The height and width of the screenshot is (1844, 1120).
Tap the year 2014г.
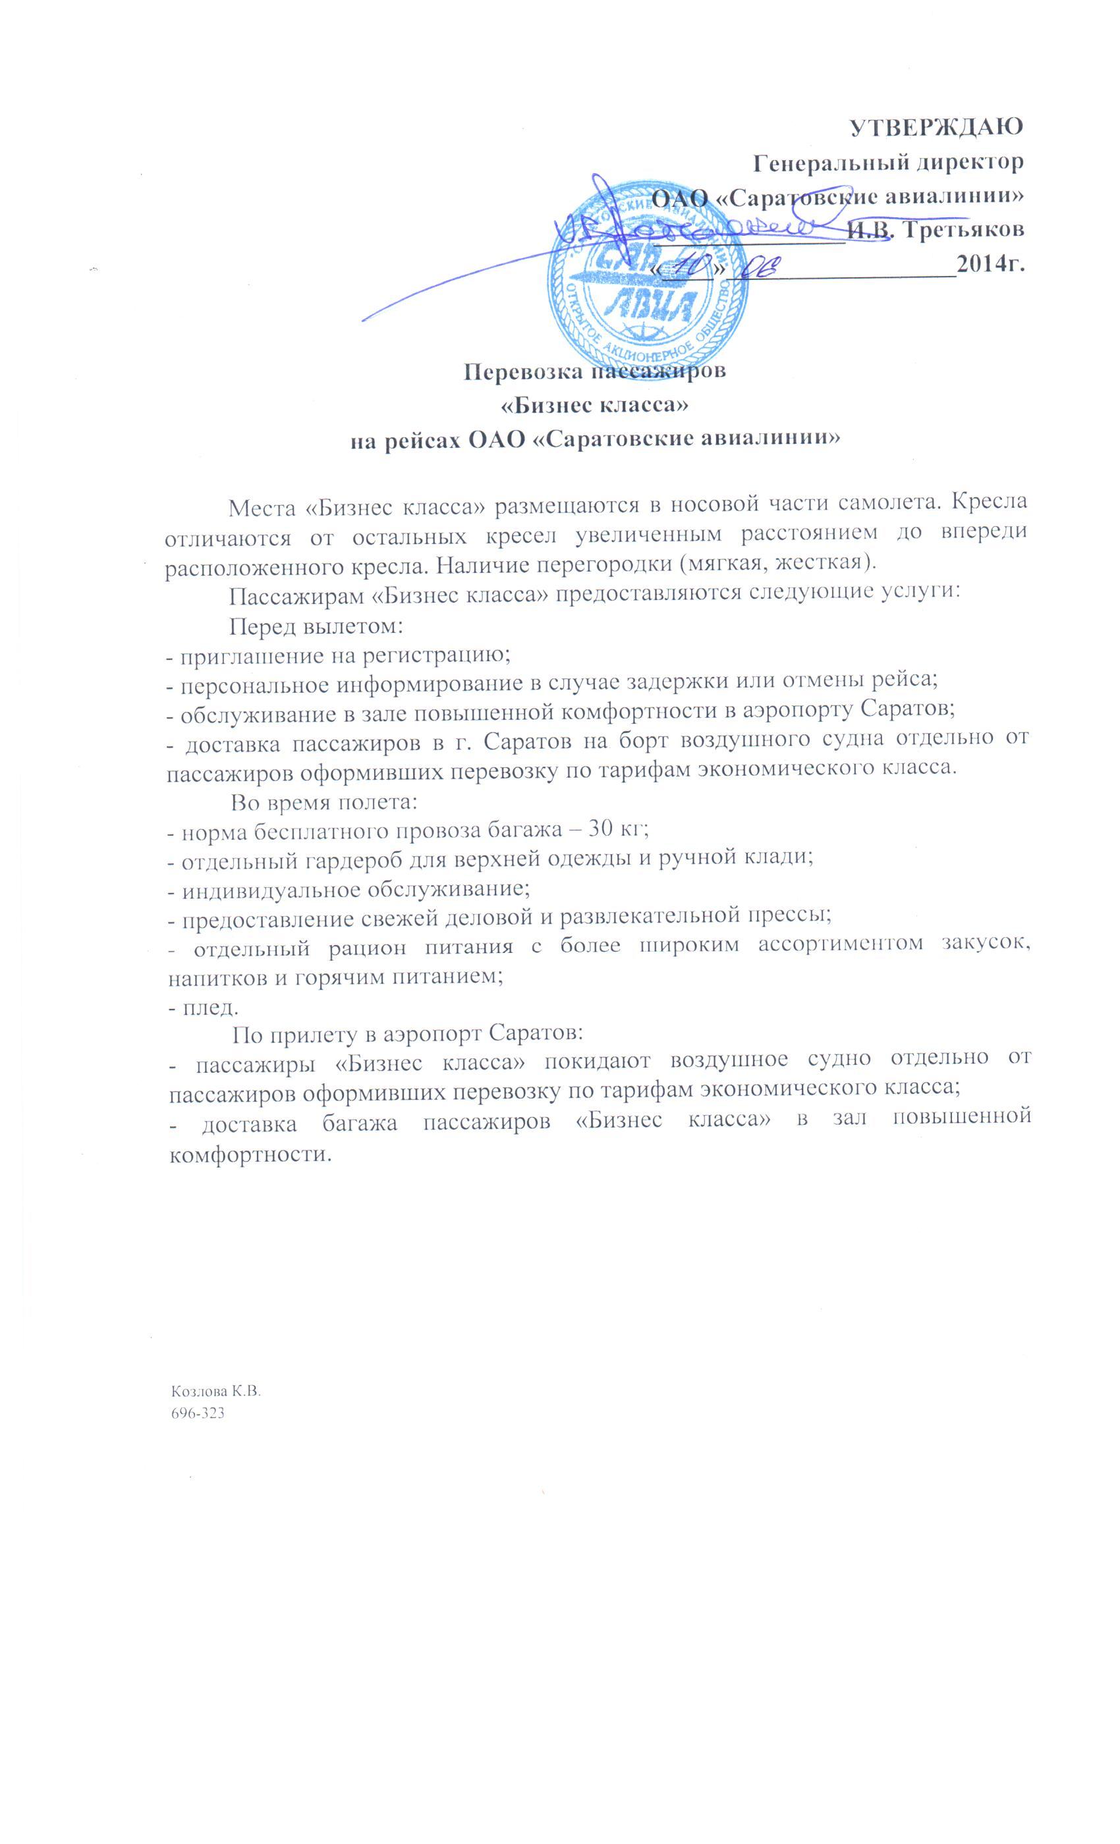point(990,265)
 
